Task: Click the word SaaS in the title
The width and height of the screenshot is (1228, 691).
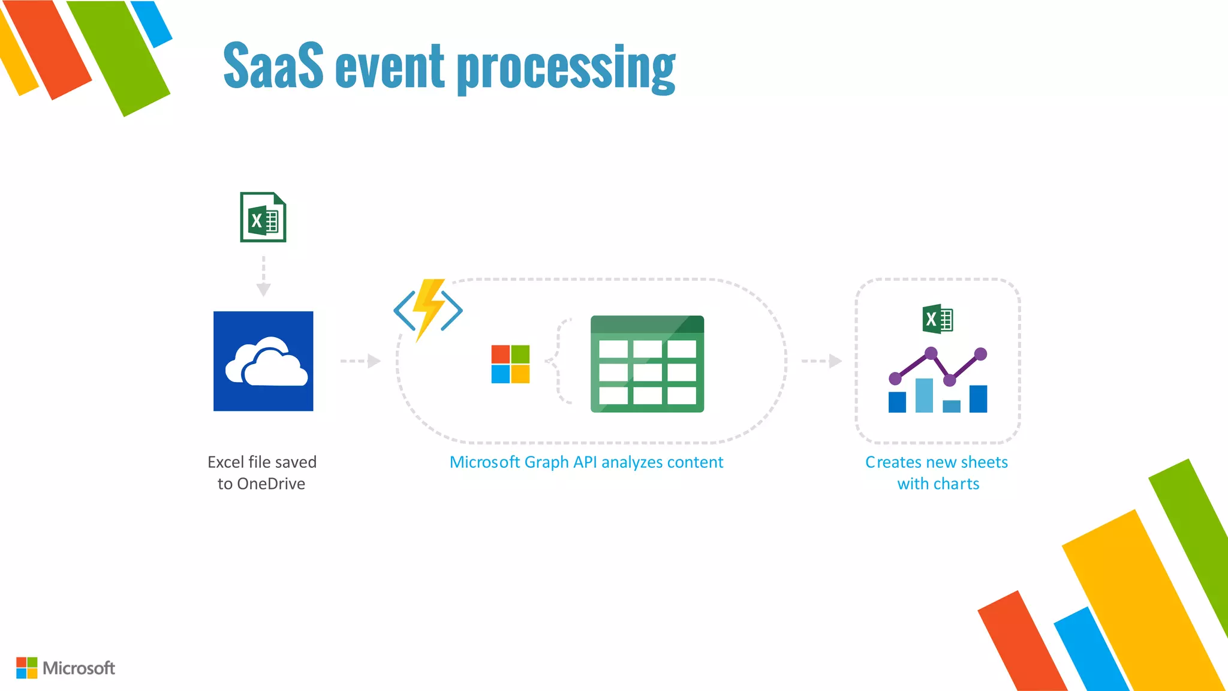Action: pyautogui.click(x=273, y=65)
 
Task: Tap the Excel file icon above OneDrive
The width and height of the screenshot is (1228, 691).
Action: pyautogui.click(x=263, y=217)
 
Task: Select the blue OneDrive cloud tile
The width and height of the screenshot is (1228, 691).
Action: pyautogui.click(x=263, y=361)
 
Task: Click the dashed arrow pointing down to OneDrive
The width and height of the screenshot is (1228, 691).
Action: pyautogui.click(x=263, y=277)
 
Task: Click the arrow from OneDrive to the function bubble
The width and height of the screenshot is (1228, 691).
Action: pyautogui.click(x=360, y=361)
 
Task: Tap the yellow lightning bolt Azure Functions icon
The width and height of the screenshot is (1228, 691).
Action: pyautogui.click(x=428, y=309)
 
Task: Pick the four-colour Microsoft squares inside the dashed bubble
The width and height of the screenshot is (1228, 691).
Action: pyautogui.click(x=510, y=363)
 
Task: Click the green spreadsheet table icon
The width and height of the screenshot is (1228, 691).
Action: pyautogui.click(x=647, y=364)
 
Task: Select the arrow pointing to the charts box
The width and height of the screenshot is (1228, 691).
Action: pyautogui.click(x=822, y=361)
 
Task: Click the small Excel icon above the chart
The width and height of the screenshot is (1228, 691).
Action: pyautogui.click(x=937, y=319)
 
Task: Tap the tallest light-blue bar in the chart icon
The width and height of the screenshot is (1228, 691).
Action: pyautogui.click(x=924, y=395)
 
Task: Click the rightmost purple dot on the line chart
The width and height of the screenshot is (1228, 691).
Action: pyautogui.click(x=980, y=354)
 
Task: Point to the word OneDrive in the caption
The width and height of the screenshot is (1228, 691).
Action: pyautogui.click(x=271, y=483)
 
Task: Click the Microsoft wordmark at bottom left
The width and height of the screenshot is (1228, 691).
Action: pyautogui.click(x=79, y=668)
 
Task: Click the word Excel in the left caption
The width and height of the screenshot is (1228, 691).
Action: pyautogui.click(x=225, y=462)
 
